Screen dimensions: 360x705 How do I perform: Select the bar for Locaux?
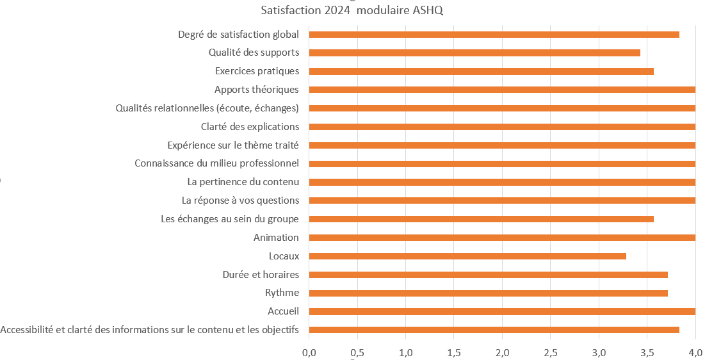point(467,256)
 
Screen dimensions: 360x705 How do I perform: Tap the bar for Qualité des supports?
point(474,53)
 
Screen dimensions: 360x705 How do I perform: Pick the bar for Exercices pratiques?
point(481,71)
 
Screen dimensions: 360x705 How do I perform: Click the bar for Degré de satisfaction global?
point(494,34)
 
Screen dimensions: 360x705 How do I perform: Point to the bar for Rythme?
point(488,293)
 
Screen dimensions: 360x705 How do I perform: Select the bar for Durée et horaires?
point(488,275)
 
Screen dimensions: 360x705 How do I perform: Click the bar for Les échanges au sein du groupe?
point(481,219)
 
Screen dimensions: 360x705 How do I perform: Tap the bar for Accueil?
point(502,312)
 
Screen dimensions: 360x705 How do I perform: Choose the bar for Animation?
point(502,238)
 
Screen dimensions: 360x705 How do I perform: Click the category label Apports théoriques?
point(257,90)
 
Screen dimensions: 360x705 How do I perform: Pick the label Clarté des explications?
point(250,127)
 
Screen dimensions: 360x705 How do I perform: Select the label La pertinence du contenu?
point(243,182)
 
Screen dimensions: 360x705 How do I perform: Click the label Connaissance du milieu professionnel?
point(217,163)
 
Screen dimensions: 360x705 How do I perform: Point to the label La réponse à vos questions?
point(240,200)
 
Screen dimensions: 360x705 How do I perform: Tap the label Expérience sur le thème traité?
point(233,145)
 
